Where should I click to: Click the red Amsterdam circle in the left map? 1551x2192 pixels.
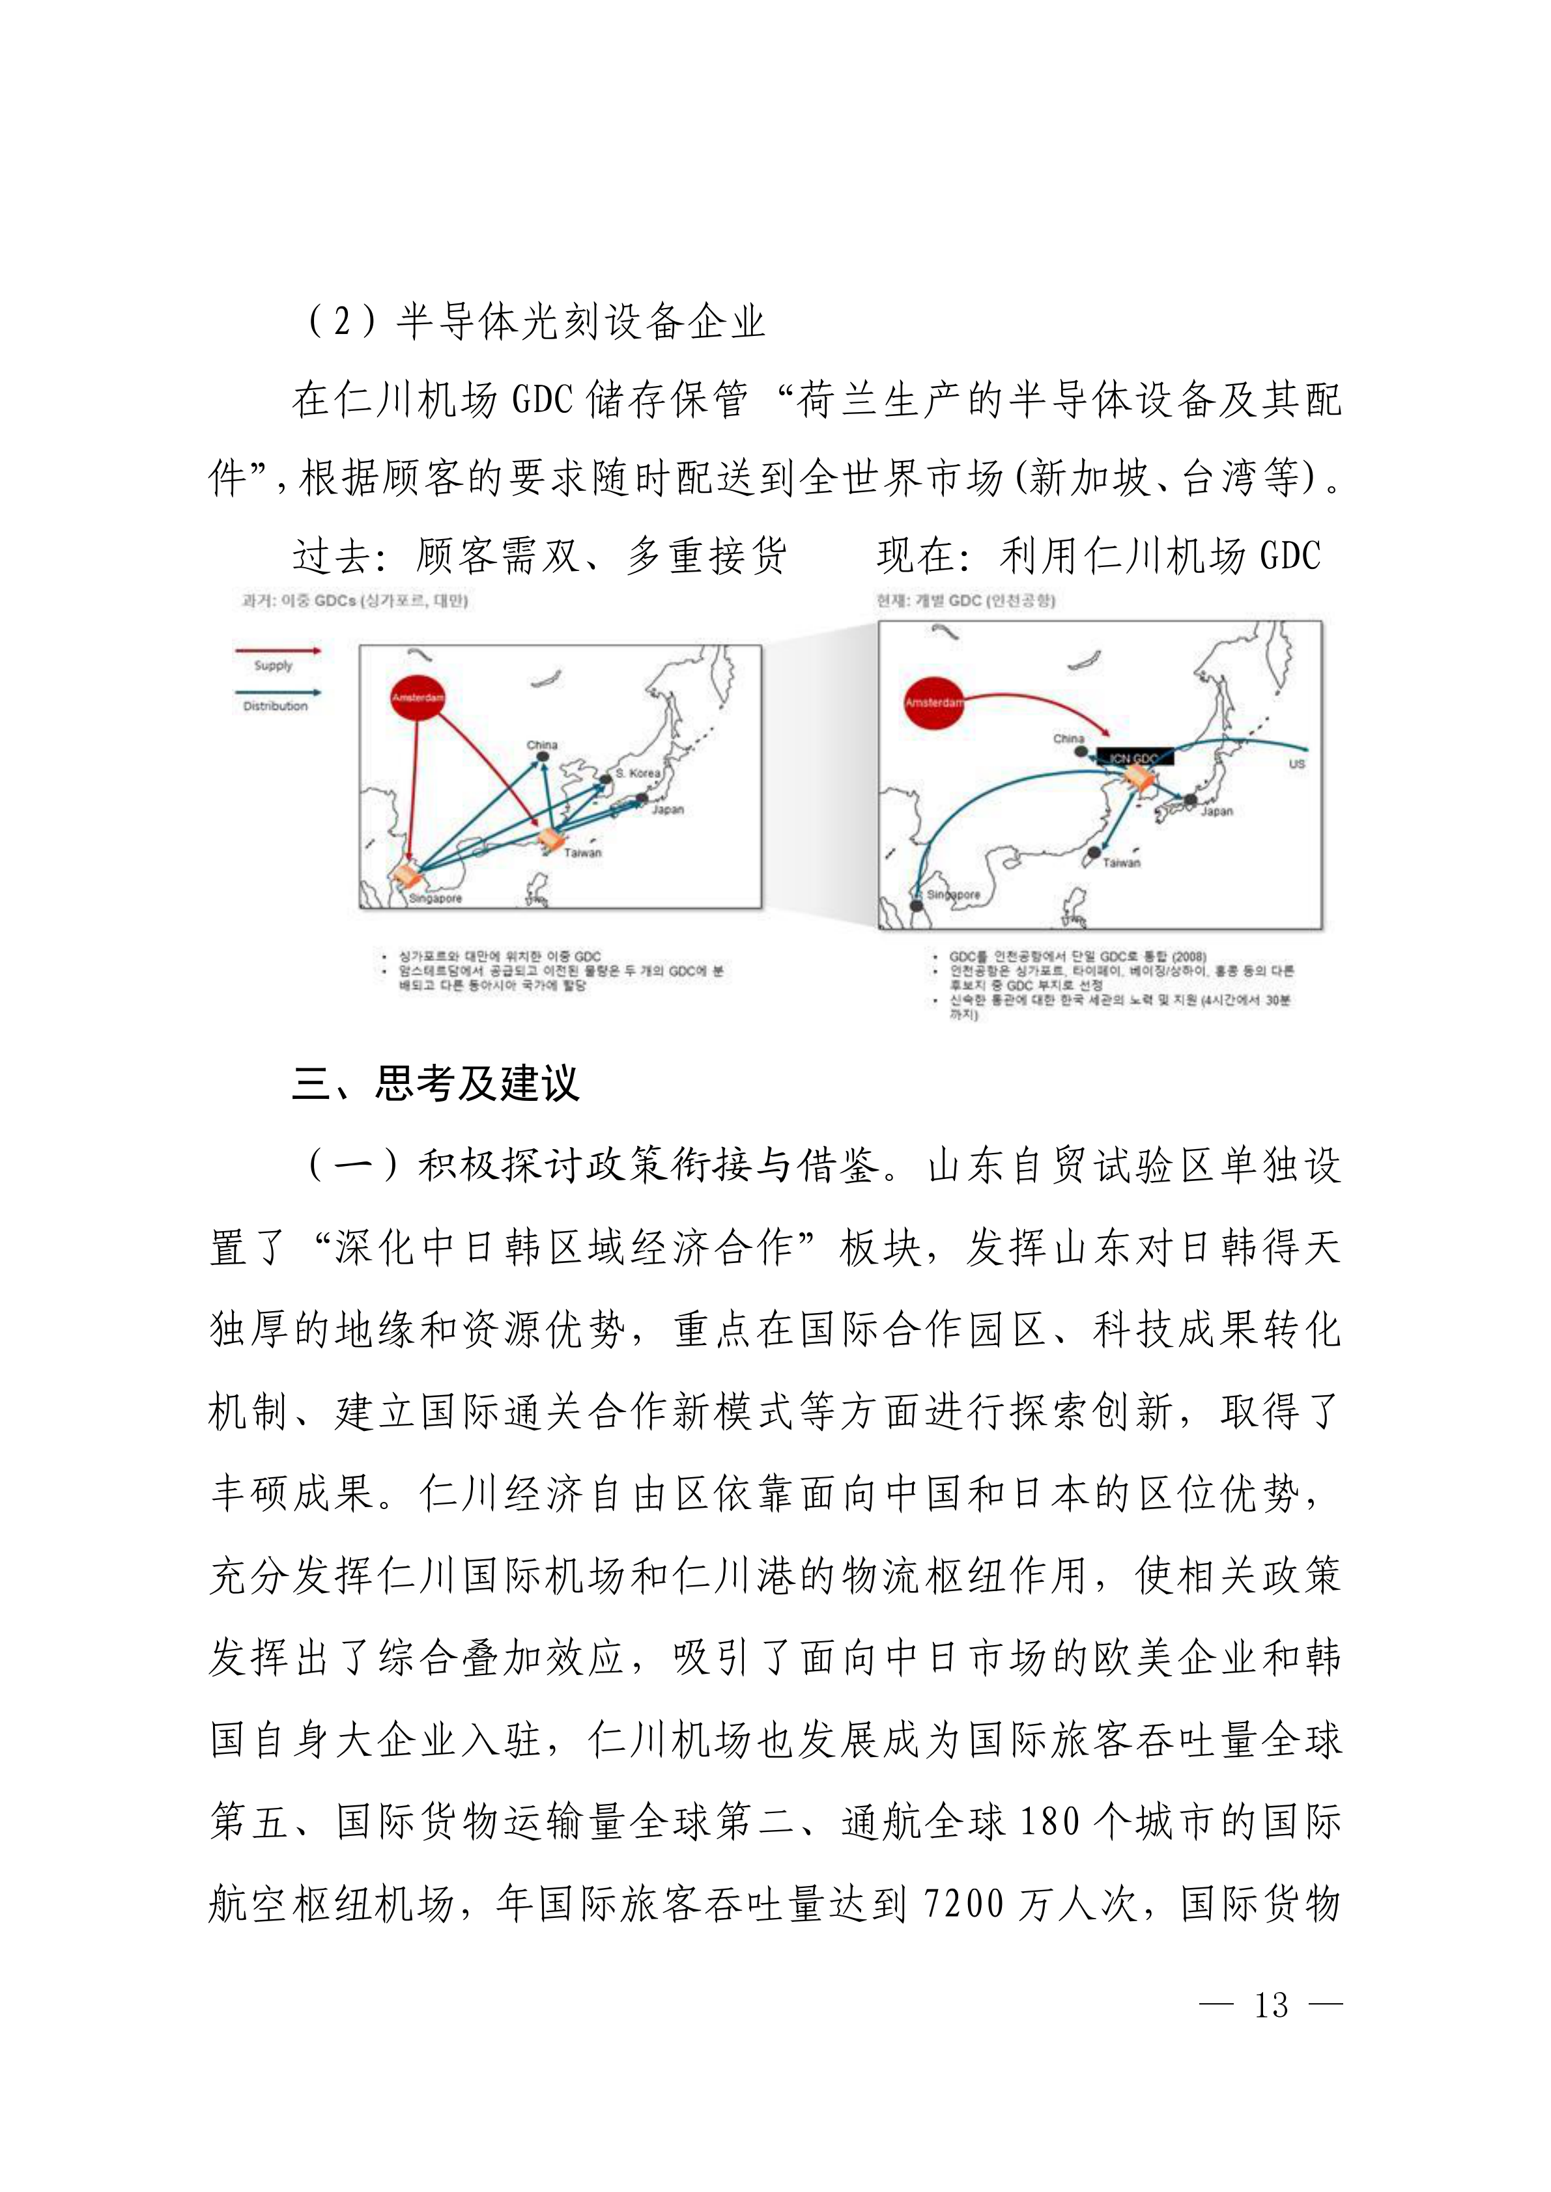[418, 698]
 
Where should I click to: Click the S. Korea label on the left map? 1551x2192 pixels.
[638, 772]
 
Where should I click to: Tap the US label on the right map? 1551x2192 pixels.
[1296, 764]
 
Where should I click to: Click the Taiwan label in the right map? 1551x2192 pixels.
[1121, 862]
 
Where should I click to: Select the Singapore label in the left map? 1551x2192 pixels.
[436, 898]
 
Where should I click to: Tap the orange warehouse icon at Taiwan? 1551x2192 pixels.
[551, 839]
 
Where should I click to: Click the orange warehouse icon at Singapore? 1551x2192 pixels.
[409, 874]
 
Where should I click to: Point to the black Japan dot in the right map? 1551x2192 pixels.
[1190, 800]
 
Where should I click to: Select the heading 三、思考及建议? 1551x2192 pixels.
[436, 1083]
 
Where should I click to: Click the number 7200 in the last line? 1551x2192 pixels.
[965, 1905]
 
